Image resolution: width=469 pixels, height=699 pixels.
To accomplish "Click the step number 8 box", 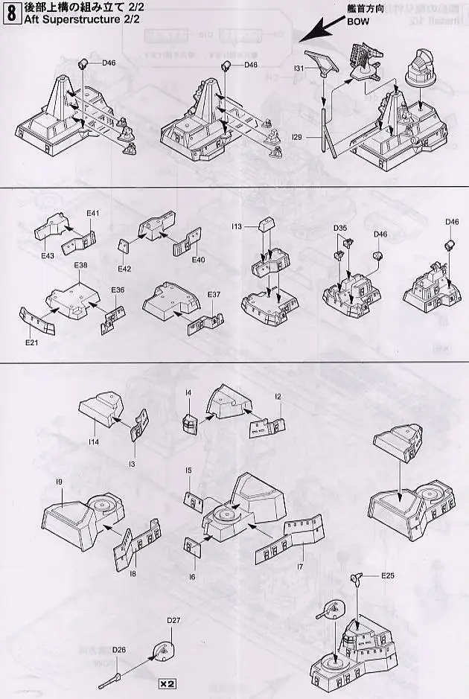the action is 11,14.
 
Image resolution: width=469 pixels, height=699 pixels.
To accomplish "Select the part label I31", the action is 300,68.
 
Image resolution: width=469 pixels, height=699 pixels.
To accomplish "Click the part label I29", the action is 299,138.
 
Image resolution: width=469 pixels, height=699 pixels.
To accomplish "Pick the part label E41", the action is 92,214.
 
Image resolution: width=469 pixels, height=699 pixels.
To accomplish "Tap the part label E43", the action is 48,256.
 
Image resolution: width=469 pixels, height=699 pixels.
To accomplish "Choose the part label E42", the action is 124,269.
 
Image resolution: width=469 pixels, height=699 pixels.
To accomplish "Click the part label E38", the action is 80,266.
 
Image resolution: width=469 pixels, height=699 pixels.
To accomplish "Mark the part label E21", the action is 31,343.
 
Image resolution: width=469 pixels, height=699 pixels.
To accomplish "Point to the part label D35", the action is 340,227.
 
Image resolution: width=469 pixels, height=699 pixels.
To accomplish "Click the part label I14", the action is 93,442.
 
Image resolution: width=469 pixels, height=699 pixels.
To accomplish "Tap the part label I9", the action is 57,482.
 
